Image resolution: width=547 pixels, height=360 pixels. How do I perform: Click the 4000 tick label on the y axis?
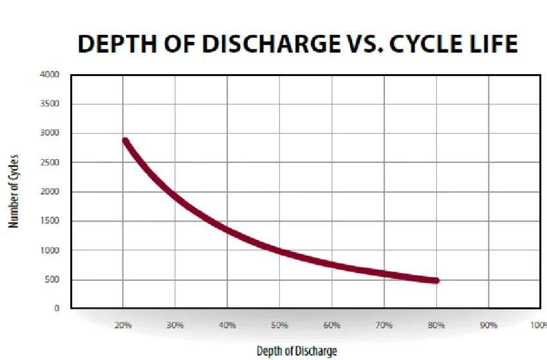click(x=50, y=75)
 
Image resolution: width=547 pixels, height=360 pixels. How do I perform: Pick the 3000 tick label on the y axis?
click(x=50, y=133)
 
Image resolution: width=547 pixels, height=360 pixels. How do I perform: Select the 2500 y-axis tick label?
click(x=50, y=162)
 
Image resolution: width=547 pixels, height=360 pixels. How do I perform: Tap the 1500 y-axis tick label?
click(x=50, y=221)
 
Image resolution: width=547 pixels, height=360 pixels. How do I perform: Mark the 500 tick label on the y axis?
click(x=52, y=279)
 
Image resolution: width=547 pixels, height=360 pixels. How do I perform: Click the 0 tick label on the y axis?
click(x=57, y=308)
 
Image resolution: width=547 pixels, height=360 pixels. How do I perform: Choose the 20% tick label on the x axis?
click(x=123, y=325)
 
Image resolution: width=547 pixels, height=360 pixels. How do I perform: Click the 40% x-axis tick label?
click(x=227, y=325)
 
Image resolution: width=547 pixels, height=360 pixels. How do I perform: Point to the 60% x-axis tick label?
click(x=331, y=325)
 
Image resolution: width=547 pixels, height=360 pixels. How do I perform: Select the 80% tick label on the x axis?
click(x=436, y=325)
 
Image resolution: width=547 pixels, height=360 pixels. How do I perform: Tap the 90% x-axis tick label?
click(x=488, y=325)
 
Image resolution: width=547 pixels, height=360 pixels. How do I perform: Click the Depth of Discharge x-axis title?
click(x=296, y=350)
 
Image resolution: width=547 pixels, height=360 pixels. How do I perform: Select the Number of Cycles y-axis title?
click(x=13, y=191)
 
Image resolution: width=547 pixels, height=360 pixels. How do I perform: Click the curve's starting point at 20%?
click(x=125, y=142)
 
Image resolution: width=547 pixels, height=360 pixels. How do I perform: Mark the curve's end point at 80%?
click(x=436, y=280)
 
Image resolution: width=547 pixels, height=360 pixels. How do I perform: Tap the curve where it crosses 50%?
click(x=280, y=250)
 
